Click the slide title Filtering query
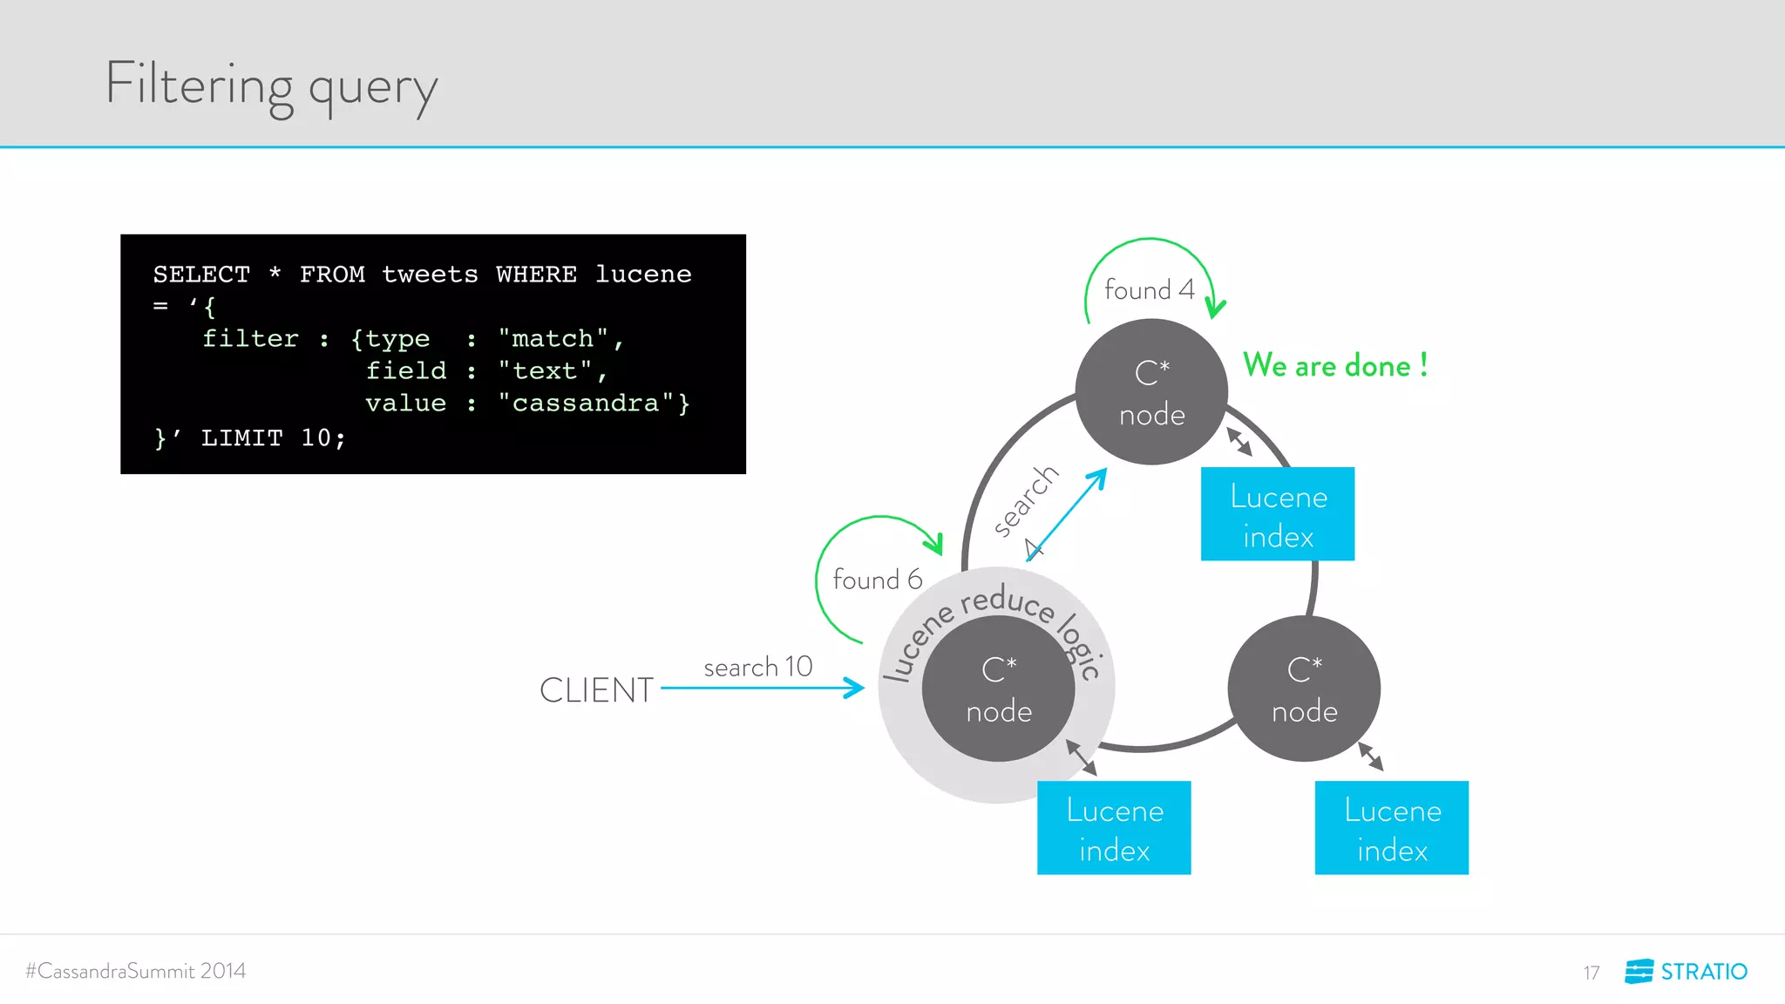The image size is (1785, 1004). point(271,85)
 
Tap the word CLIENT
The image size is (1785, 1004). point(596,690)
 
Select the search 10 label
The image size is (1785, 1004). point(757,667)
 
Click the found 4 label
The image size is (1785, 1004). point(1149,289)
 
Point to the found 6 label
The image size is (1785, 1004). point(877,580)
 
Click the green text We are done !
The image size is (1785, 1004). point(1334,365)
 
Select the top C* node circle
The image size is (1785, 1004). point(1151,392)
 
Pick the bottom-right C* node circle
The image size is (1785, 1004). point(1304,689)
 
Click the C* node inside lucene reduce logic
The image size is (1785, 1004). point(998,689)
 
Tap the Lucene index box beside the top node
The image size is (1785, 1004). point(1278,514)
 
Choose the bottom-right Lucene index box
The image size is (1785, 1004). point(1391,828)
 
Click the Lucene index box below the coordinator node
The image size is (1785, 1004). point(1114,828)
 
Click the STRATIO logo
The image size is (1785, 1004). point(1686,971)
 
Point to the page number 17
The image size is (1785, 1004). point(1592,973)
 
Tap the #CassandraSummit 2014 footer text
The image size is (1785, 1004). point(136,971)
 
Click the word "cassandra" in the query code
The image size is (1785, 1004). point(585,403)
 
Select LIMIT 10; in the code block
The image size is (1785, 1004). point(273,438)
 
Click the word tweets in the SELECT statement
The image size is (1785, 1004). point(430,275)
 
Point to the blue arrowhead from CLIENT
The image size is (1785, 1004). point(855,689)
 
